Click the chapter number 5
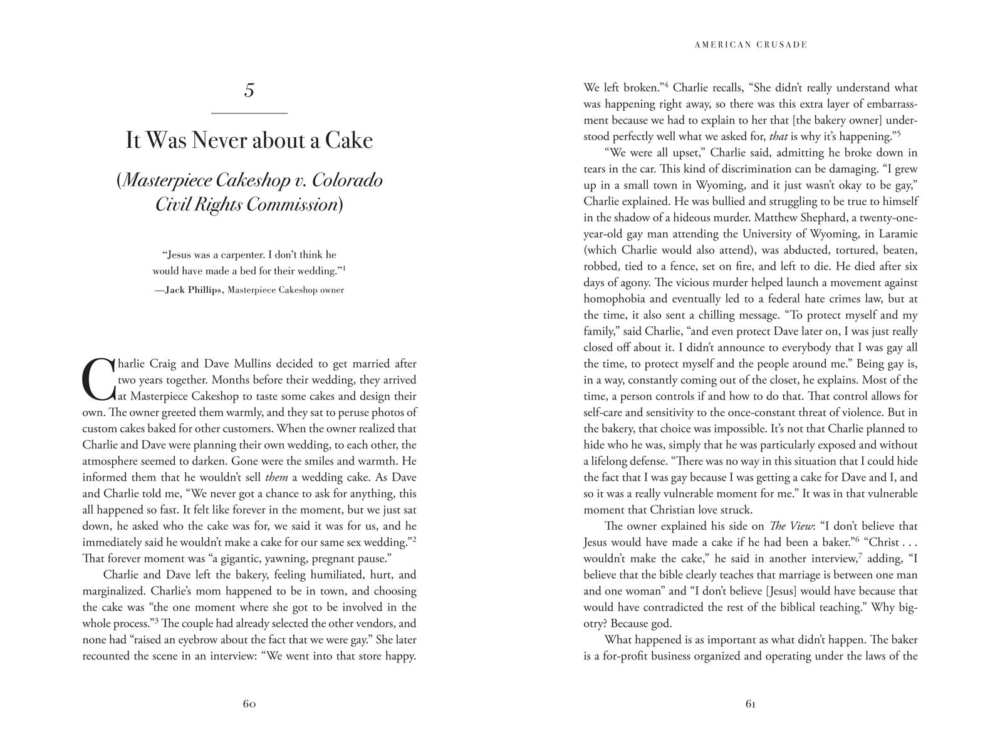click(249, 91)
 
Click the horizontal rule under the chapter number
click(249, 113)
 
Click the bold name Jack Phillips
click(193, 290)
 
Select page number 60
click(249, 703)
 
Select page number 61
click(751, 703)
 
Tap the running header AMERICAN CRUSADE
click(751, 45)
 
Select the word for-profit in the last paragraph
click(622, 656)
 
